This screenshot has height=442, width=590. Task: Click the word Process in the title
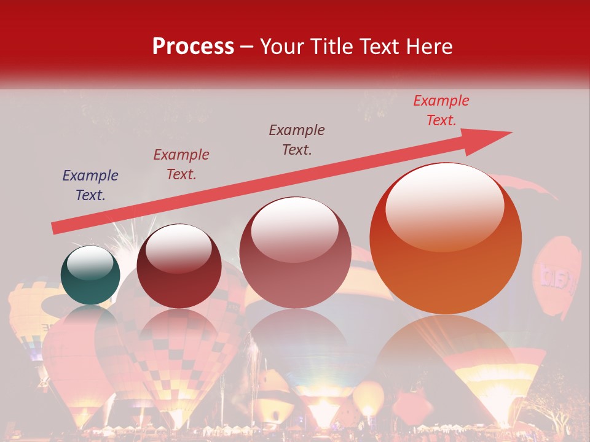tap(193, 47)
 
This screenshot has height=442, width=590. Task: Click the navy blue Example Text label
tap(90, 185)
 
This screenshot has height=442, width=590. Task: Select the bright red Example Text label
tap(441, 110)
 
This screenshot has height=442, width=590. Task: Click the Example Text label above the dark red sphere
tap(181, 165)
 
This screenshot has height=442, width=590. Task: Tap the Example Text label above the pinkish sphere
tap(297, 140)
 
